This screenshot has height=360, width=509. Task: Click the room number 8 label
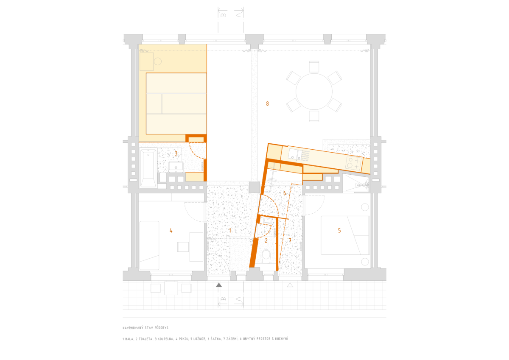268,104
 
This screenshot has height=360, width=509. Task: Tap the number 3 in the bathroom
176,153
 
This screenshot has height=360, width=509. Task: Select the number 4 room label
171,231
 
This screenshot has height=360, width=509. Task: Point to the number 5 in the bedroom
339,231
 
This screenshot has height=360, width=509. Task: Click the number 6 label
285,193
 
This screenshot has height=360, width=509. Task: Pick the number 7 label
290,240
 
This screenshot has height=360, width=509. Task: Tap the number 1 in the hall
230,231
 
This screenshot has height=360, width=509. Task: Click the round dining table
314,92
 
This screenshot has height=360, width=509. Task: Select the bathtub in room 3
148,168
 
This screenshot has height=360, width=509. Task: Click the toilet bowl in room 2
266,256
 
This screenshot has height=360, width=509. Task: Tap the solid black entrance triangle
219,285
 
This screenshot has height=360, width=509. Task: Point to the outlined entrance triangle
290,285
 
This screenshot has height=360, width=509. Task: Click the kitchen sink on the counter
296,154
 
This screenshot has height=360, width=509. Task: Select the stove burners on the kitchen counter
353,163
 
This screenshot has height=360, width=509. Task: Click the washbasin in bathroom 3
176,167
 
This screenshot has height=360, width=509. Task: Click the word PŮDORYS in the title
162,328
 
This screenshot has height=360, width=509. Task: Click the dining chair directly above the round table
314,66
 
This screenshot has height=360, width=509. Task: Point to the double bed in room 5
345,235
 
